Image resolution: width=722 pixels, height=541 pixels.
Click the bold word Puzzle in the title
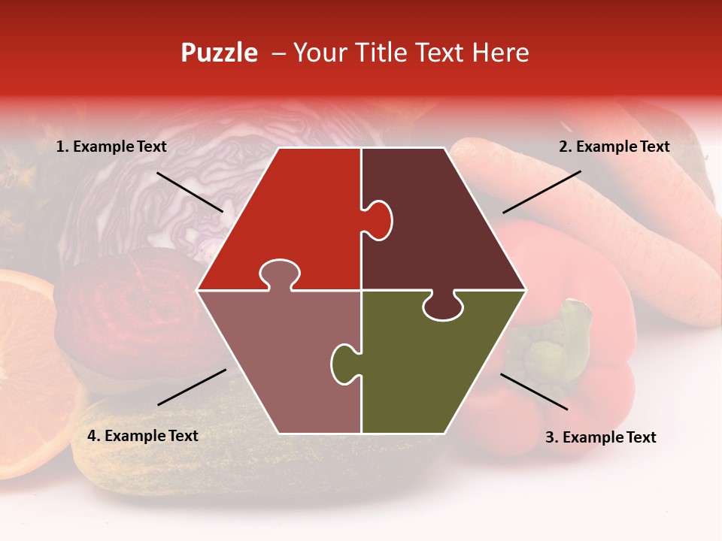pyautogui.click(x=219, y=53)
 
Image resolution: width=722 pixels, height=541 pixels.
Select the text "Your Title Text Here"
pyautogui.click(x=411, y=53)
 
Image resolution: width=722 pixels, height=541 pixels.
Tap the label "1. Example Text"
pyautogui.click(x=111, y=147)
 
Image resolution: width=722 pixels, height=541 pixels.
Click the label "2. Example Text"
pyautogui.click(x=614, y=147)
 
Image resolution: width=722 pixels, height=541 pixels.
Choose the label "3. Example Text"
pyautogui.click(x=600, y=437)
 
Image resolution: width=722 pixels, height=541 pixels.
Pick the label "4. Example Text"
pyautogui.click(x=143, y=436)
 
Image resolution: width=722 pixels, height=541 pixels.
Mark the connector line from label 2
pyautogui.click(x=541, y=192)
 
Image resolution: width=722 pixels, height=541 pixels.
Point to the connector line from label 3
pyautogui.click(x=534, y=391)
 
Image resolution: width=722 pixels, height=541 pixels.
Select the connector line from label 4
pyautogui.click(x=192, y=387)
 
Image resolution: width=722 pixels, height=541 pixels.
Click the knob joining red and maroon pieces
pyautogui.click(x=380, y=219)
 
